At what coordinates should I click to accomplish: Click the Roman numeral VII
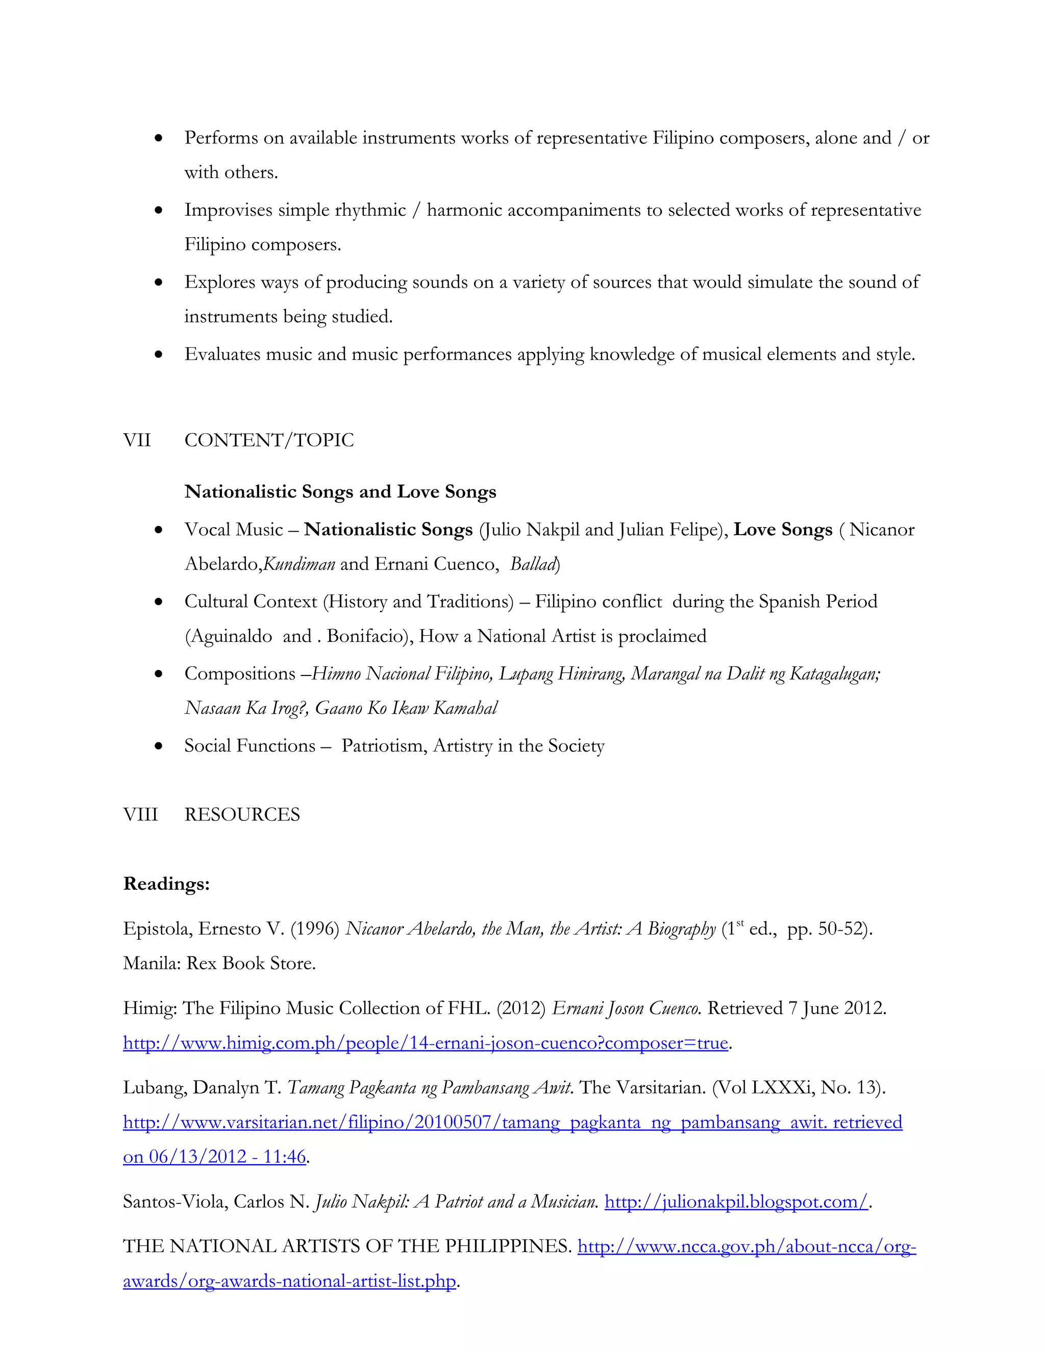pos(137,440)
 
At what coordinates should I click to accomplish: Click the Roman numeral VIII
pos(140,814)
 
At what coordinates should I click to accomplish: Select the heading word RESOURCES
pos(242,814)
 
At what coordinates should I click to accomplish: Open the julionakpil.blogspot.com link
pos(736,1201)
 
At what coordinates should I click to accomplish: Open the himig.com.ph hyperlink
pos(426,1043)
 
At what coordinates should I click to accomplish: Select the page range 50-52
pos(839,929)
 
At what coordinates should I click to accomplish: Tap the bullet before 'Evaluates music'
pos(159,355)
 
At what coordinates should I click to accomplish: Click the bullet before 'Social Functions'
pos(159,746)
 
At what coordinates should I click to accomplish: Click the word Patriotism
pos(384,746)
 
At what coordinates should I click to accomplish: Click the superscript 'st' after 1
pos(740,923)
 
